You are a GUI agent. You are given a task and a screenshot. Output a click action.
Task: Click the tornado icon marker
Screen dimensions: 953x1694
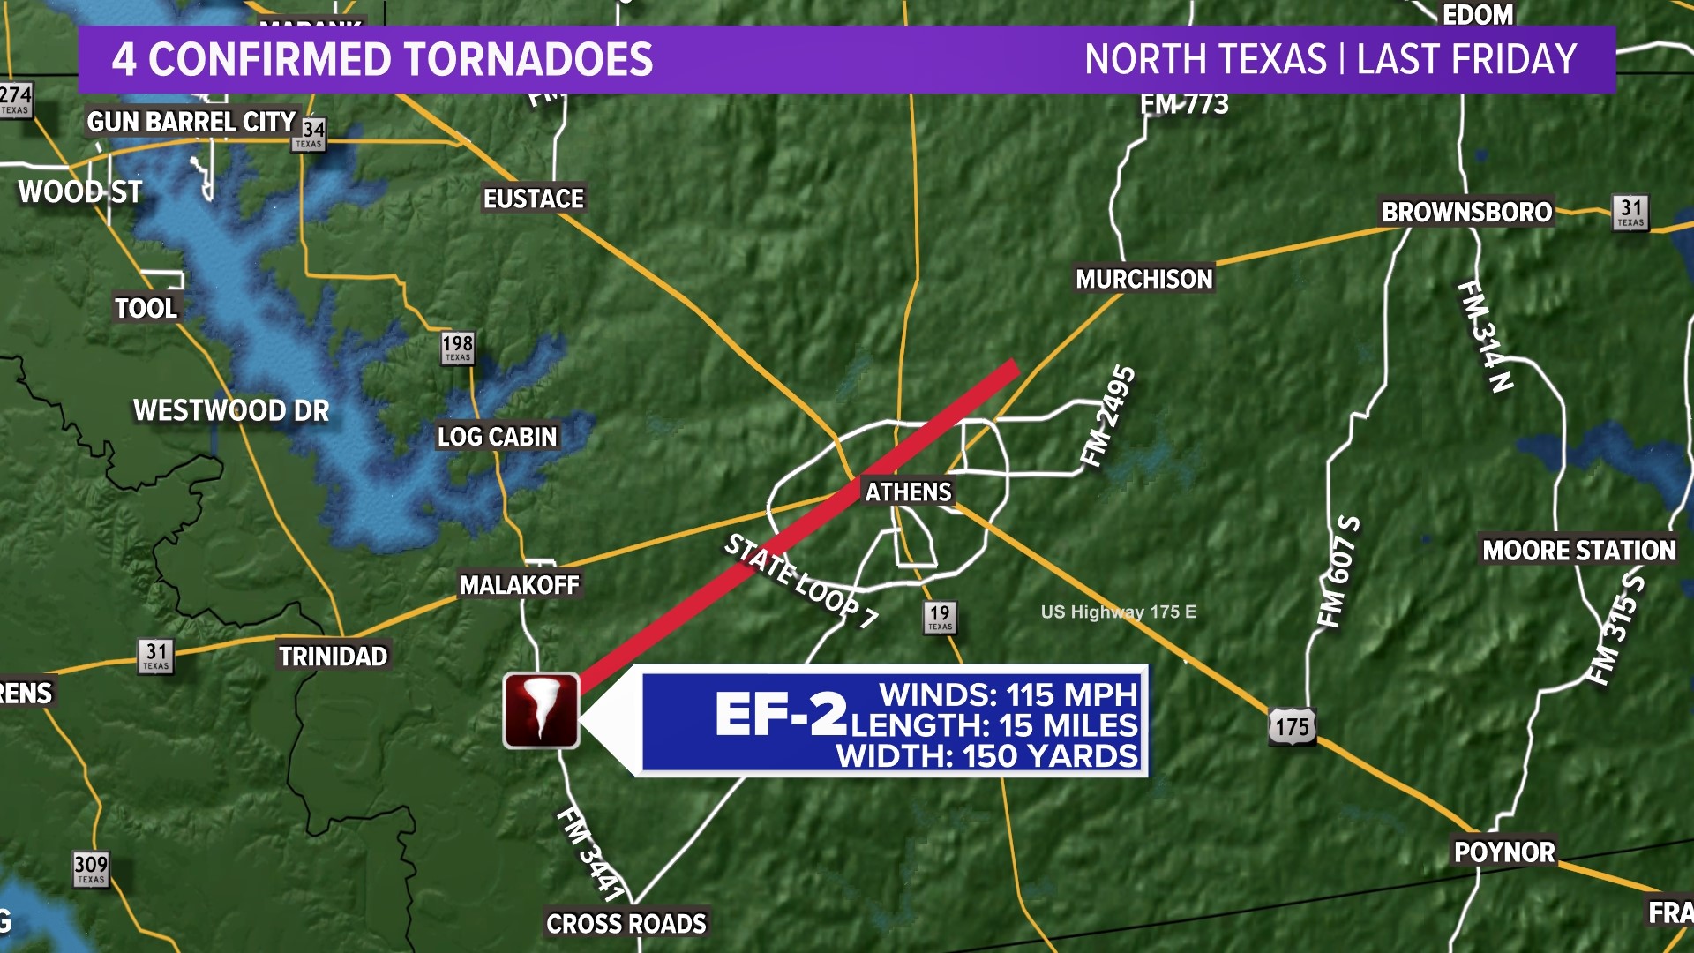[541, 710]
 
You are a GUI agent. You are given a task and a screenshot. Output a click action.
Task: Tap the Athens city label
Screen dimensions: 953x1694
[908, 492]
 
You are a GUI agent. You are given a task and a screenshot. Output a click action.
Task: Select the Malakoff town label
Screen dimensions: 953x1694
[519, 585]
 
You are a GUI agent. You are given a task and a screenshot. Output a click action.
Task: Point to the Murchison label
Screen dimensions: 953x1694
[1143, 280]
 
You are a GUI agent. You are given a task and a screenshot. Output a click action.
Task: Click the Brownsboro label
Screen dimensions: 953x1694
[1466, 213]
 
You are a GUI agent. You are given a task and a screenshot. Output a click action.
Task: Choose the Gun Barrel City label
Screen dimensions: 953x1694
[191, 122]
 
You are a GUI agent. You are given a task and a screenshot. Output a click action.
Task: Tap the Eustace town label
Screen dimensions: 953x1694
[533, 199]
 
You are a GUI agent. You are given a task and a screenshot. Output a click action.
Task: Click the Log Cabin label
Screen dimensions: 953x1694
[498, 437]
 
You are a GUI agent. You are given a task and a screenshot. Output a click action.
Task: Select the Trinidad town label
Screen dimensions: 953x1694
[333, 657]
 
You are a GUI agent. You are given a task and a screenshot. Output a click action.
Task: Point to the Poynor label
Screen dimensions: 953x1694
[1504, 852]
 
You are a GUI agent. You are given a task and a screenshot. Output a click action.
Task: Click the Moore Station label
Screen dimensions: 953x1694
[1578, 551]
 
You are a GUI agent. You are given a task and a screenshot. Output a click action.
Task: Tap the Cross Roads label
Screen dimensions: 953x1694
[626, 924]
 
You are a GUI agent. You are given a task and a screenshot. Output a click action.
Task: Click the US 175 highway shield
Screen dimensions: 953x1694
[1292, 727]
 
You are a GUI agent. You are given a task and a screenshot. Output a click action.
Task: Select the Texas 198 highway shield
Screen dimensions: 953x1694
[458, 348]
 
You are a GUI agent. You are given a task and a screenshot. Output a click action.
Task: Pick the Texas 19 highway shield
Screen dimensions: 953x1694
[940, 617]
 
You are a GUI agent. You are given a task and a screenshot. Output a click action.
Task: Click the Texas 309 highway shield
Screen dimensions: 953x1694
[91, 868]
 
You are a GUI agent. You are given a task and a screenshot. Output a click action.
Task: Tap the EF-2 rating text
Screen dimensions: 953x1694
[780, 714]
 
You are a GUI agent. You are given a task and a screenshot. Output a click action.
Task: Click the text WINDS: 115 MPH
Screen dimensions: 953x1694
[1008, 694]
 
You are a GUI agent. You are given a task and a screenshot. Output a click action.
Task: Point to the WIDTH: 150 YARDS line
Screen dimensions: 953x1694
[987, 756]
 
